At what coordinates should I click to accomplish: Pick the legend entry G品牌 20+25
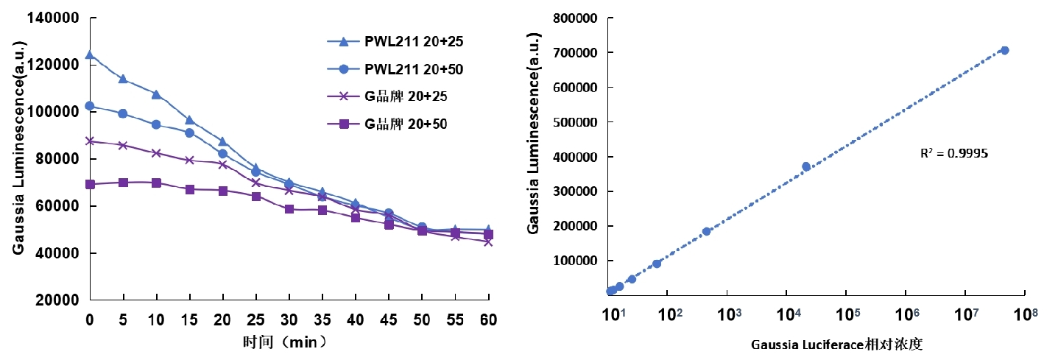[406, 96]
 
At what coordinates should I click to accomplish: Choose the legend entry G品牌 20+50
[406, 124]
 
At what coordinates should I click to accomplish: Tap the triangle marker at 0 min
[90, 54]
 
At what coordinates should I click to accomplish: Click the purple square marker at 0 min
[90, 184]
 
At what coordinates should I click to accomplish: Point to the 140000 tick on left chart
[54, 17]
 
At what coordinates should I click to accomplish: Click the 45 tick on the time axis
[389, 321]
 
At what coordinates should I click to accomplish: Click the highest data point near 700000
[1004, 50]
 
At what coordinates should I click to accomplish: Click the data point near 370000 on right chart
[806, 166]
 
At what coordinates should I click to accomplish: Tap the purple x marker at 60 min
[488, 241]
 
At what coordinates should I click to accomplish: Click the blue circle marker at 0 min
[90, 106]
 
